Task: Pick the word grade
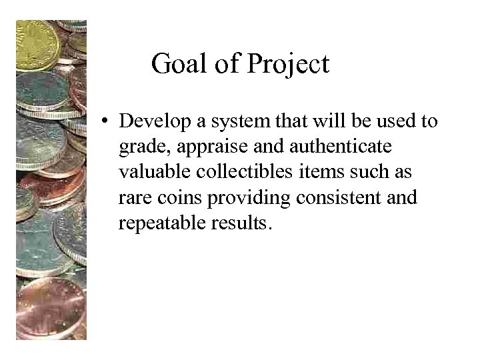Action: pyautogui.click(x=139, y=147)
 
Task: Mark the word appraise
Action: pyautogui.click(x=201, y=147)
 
